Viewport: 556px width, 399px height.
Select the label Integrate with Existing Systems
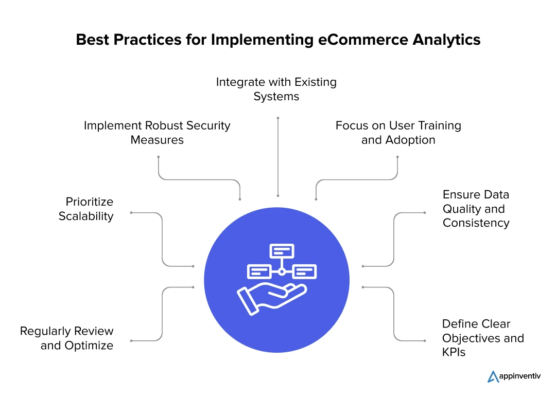tap(276, 89)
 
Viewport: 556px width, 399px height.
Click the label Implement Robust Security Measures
tap(157, 133)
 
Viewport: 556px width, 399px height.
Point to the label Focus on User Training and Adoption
tap(398, 133)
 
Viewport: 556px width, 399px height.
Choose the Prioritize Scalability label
tap(86, 209)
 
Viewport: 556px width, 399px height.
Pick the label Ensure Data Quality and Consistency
tap(476, 209)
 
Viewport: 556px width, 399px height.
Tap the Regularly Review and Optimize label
tap(67, 338)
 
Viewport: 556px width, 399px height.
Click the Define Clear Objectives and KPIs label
tap(483, 338)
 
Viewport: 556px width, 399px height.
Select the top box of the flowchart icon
tap(282, 251)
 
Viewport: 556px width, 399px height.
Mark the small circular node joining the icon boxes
tap(282, 271)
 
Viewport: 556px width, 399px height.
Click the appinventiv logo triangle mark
tap(493, 377)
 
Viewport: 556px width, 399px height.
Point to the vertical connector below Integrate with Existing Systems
tap(278, 157)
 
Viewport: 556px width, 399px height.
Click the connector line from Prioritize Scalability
tap(162, 239)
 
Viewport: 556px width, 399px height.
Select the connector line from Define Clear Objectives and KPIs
tap(394, 314)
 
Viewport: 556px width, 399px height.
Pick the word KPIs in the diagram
tap(454, 353)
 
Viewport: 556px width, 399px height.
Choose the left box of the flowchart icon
tap(258, 271)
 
